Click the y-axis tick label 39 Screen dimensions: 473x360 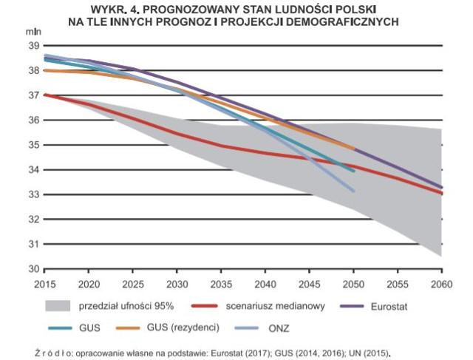(x=34, y=46)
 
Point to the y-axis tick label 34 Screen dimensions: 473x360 (x=34, y=170)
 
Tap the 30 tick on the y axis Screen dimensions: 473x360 (x=34, y=269)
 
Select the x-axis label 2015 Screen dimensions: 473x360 (x=44, y=285)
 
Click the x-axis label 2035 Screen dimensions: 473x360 (x=222, y=285)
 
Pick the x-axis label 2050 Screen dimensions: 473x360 (x=353, y=285)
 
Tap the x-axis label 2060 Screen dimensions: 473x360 (x=442, y=285)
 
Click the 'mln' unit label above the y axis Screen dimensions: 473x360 (x=33, y=32)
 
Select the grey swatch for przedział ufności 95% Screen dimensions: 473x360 (x=58, y=306)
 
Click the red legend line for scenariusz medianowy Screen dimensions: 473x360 (x=205, y=306)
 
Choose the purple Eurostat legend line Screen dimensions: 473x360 (x=352, y=306)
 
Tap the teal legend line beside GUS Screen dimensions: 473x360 (x=61, y=327)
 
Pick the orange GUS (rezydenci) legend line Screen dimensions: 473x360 (x=128, y=327)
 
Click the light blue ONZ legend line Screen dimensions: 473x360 (x=247, y=327)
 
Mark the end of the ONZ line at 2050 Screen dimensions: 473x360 (x=353, y=191)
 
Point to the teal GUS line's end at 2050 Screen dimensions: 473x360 (x=353, y=171)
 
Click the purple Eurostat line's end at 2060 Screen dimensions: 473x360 (x=442, y=188)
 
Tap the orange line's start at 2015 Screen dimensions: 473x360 (x=44, y=70)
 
